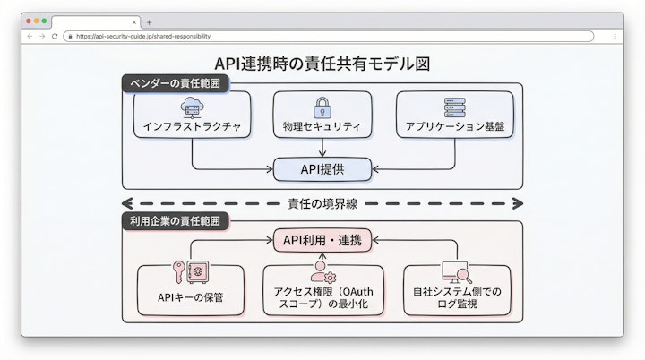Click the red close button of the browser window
[x=28, y=21]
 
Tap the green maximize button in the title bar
[x=44, y=21]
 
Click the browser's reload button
[x=55, y=36]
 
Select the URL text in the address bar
[x=143, y=37]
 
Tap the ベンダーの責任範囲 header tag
[x=176, y=83]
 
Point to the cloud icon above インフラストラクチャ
[x=192, y=107]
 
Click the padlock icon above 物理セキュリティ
[x=322, y=107]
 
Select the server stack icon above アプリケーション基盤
[x=455, y=107]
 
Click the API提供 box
[x=322, y=167]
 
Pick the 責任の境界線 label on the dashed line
[x=322, y=202]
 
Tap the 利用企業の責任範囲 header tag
[x=176, y=219]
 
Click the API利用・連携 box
[x=322, y=240]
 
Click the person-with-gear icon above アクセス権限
[x=322, y=273]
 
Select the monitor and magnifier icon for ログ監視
[x=456, y=273]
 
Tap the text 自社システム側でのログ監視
[x=457, y=298]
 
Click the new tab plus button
[x=150, y=21]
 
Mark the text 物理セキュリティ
[x=322, y=127]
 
